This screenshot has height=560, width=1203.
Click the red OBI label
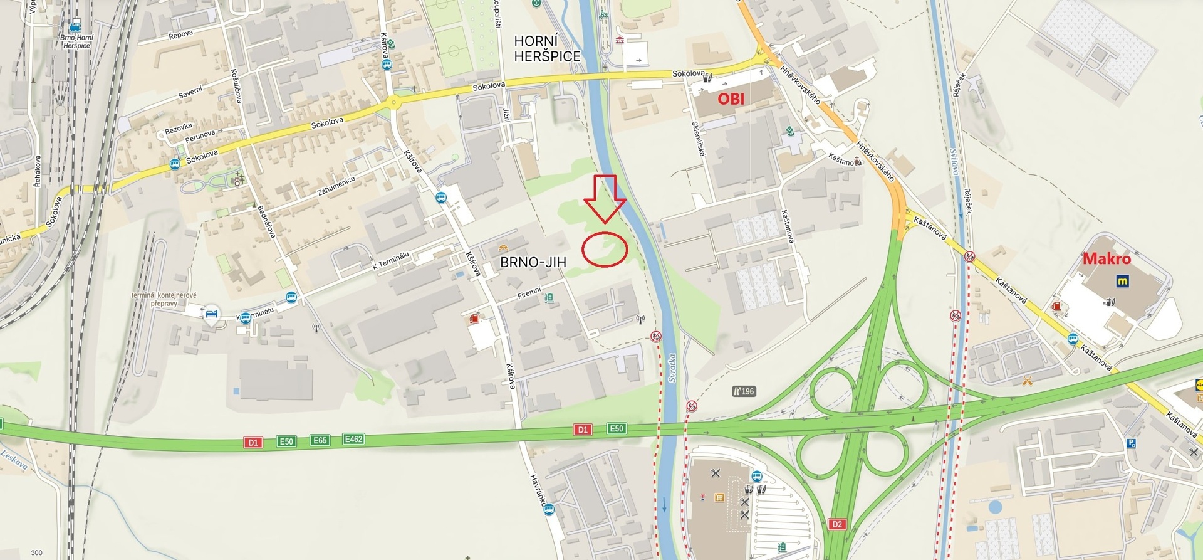731,98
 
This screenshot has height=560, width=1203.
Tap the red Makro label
1107,258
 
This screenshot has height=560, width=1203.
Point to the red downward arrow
605,198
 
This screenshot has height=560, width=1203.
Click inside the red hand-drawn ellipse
605,250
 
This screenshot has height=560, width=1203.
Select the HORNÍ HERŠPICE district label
547,48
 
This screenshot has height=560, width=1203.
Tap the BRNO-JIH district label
533,262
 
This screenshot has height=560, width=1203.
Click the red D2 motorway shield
837,524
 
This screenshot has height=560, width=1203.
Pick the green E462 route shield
354,440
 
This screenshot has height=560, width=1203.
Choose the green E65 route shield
320,440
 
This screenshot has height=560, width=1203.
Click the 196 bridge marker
744,391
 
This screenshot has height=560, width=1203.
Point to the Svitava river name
953,162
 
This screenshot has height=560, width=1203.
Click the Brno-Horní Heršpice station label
76,41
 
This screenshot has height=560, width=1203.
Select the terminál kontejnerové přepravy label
164,299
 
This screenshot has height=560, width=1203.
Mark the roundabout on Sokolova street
393,102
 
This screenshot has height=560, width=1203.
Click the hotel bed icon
212,313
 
